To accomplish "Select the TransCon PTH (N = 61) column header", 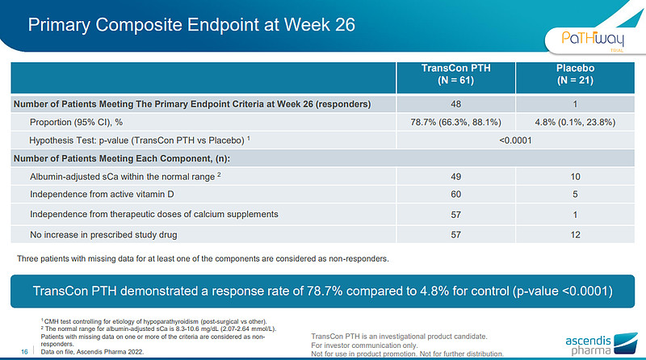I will click(456, 74).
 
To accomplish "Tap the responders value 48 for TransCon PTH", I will click(456, 104).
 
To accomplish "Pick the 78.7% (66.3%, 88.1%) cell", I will click(456, 122).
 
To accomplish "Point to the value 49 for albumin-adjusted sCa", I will click(456, 176).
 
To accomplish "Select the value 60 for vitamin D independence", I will click(456, 195).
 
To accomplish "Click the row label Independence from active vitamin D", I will click(107, 195).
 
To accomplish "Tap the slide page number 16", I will click(23, 352).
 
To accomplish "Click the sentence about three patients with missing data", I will click(203, 259).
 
